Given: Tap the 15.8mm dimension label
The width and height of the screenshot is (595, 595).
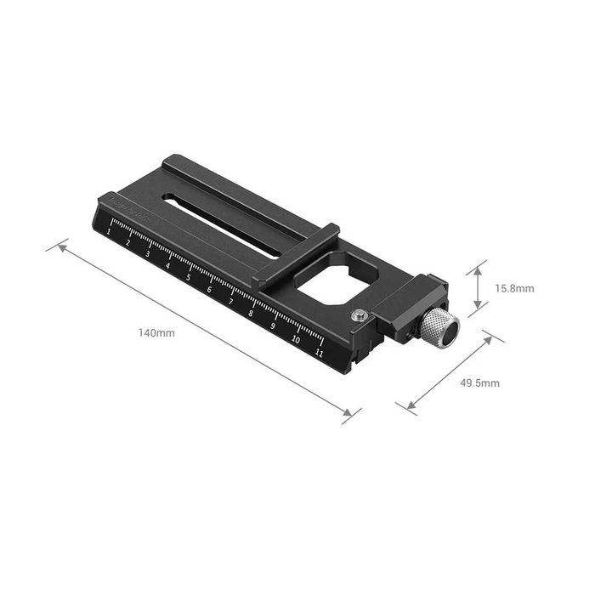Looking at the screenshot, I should [x=514, y=288].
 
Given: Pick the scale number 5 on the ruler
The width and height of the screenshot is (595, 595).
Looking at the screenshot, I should [x=189, y=276].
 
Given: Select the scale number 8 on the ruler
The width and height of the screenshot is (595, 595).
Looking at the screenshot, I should [x=252, y=313].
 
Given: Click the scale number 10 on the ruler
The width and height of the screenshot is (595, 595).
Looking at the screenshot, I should [x=295, y=337].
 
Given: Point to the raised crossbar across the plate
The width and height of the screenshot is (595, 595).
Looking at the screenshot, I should [x=297, y=252].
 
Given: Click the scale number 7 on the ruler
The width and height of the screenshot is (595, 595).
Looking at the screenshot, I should [x=230, y=301].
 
